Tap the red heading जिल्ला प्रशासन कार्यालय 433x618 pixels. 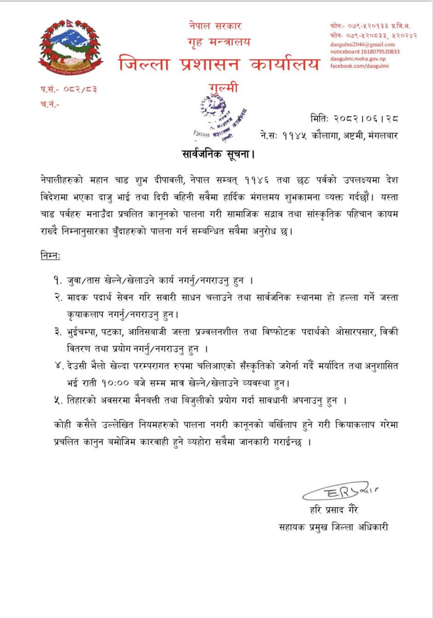[219, 64]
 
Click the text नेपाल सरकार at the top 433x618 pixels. [215, 26]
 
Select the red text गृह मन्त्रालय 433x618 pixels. [219, 42]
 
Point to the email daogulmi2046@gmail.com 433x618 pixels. [363, 45]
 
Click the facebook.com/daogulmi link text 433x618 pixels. [359, 66]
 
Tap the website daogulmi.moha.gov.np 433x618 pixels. [358, 59]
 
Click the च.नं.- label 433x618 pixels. [50, 104]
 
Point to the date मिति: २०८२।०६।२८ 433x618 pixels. [354, 119]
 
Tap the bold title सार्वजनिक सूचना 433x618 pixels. [218, 154]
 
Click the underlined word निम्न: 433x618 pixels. [50, 256]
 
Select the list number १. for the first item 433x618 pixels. [58, 280]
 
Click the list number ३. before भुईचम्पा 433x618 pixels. [58, 332]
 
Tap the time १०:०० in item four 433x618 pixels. [116, 383]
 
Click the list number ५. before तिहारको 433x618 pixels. [58, 401]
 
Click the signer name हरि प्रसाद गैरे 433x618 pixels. [334, 510]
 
